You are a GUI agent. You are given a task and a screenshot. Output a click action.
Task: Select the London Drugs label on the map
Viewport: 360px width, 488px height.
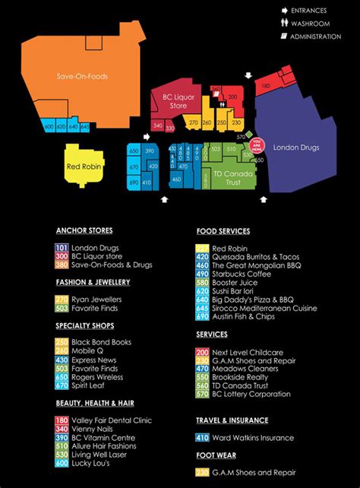click(x=295, y=147)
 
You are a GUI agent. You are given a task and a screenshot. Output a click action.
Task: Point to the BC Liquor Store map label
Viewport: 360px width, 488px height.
click(x=178, y=102)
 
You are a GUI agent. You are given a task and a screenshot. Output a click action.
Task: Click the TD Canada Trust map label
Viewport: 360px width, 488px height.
click(x=227, y=178)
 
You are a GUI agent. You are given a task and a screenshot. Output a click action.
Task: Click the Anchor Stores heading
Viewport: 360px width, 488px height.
click(x=84, y=230)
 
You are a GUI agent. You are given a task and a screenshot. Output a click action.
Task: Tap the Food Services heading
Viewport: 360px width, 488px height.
click(x=223, y=231)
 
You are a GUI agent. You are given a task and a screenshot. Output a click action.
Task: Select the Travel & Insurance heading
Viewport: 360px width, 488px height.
click(x=232, y=420)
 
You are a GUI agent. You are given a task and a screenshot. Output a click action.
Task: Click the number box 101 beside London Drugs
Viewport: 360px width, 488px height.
click(x=62, y=248)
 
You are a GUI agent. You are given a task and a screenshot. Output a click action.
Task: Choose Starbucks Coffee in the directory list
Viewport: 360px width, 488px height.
click(x=241, y=274)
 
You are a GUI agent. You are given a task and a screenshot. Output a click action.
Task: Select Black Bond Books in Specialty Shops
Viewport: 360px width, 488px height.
click(x=103, y=342)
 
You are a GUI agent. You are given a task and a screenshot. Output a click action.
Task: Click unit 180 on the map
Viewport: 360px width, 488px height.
click(x=265, y=87)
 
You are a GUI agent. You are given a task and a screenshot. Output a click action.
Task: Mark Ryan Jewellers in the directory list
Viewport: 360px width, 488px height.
click(x=96, y=299)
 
